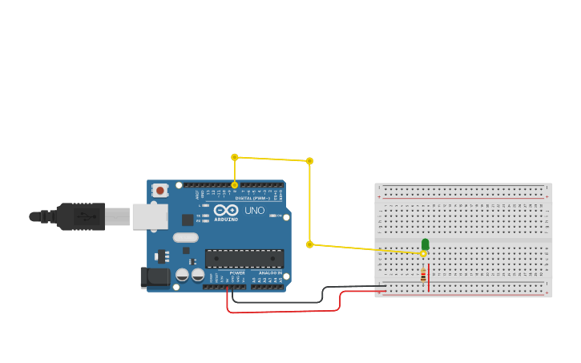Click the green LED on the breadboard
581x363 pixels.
click(x=425, y=244)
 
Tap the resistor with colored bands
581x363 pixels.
click(x=423, y=276)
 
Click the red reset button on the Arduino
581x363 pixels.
click(x=160, y=190)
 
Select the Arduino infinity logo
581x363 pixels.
click(x=225, y=210)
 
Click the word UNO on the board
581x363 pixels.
click(x=254, y=210)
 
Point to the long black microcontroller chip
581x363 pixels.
click(x=244, y=258)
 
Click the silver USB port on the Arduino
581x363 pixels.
click(x=150, y=216)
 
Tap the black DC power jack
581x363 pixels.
click(x=154, y=277)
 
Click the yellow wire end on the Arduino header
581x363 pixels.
click(x=235, y=185)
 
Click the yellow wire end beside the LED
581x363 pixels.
click(x=423, y=253)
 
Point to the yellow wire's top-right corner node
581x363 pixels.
click(x=309, y=161)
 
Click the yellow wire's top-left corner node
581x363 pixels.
click(x=235, y=157)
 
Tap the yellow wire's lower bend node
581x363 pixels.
click(x=309, y=244)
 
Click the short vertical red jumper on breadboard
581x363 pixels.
click(x=429, y=277)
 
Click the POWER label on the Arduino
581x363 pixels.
click(x=237, y=273)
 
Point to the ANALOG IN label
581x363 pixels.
click(x=269, y=273)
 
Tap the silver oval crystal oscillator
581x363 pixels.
click(x=185, y=237)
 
